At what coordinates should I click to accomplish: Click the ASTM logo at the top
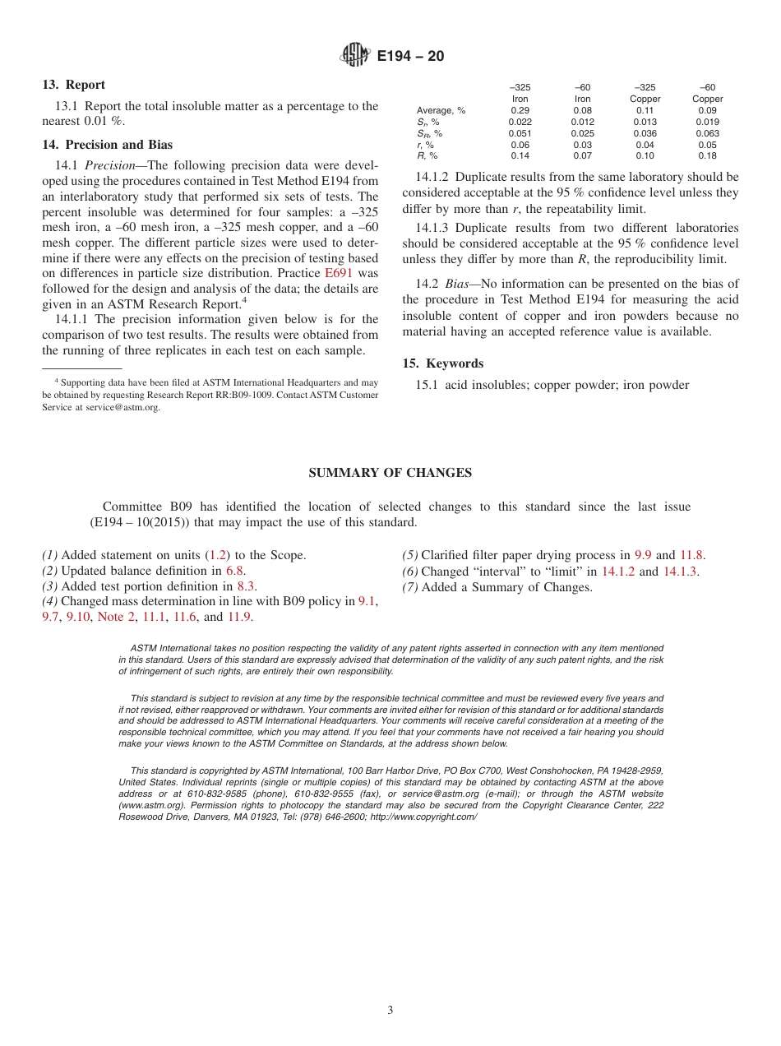pos(355,56)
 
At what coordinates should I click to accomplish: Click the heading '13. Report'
pos(73,85)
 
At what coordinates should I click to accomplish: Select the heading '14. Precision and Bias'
pos(107,145)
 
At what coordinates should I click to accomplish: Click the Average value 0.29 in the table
pos(520,110)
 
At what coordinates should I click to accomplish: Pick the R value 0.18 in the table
pos(707,155)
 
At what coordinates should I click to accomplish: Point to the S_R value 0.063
pos(707,133)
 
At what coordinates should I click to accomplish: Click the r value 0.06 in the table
pos(520,145)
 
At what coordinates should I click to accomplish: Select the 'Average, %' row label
pos(441,110)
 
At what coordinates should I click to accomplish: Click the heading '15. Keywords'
pos(442,363)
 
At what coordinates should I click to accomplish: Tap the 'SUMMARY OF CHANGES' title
pos(390,473)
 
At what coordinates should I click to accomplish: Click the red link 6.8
pos(235,571)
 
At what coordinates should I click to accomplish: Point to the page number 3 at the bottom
pos(390,1011)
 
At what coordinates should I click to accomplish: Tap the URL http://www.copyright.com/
pos(423,817)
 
